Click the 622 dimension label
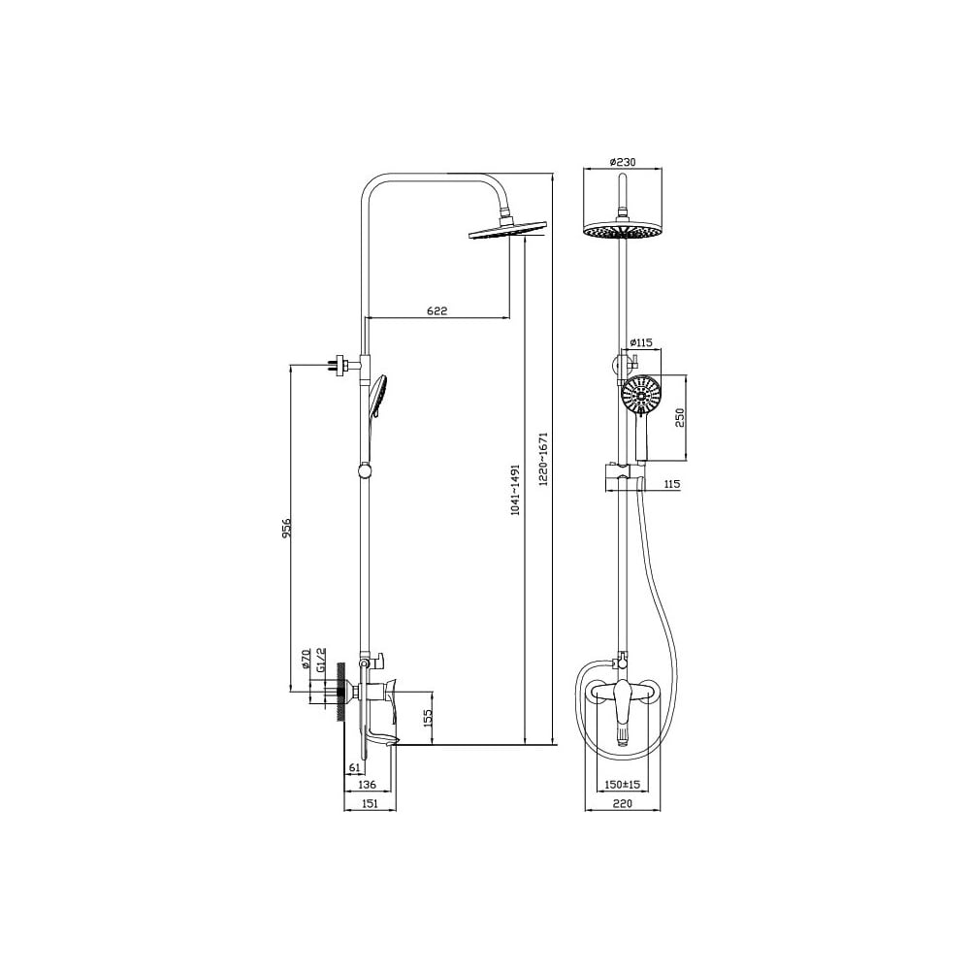click(x=436, y=310)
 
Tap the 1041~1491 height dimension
click(x=516, y=489)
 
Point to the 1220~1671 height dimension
click(x=544, y=459)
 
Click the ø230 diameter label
click(x=623, y=162)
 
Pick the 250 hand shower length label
click(x=679, y=417)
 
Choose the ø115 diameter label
click(x=640, y=342)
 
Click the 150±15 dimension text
click(x=623, y=785)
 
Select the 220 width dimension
click(x=623, y=803)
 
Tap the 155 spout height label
click(x=428, y=718)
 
